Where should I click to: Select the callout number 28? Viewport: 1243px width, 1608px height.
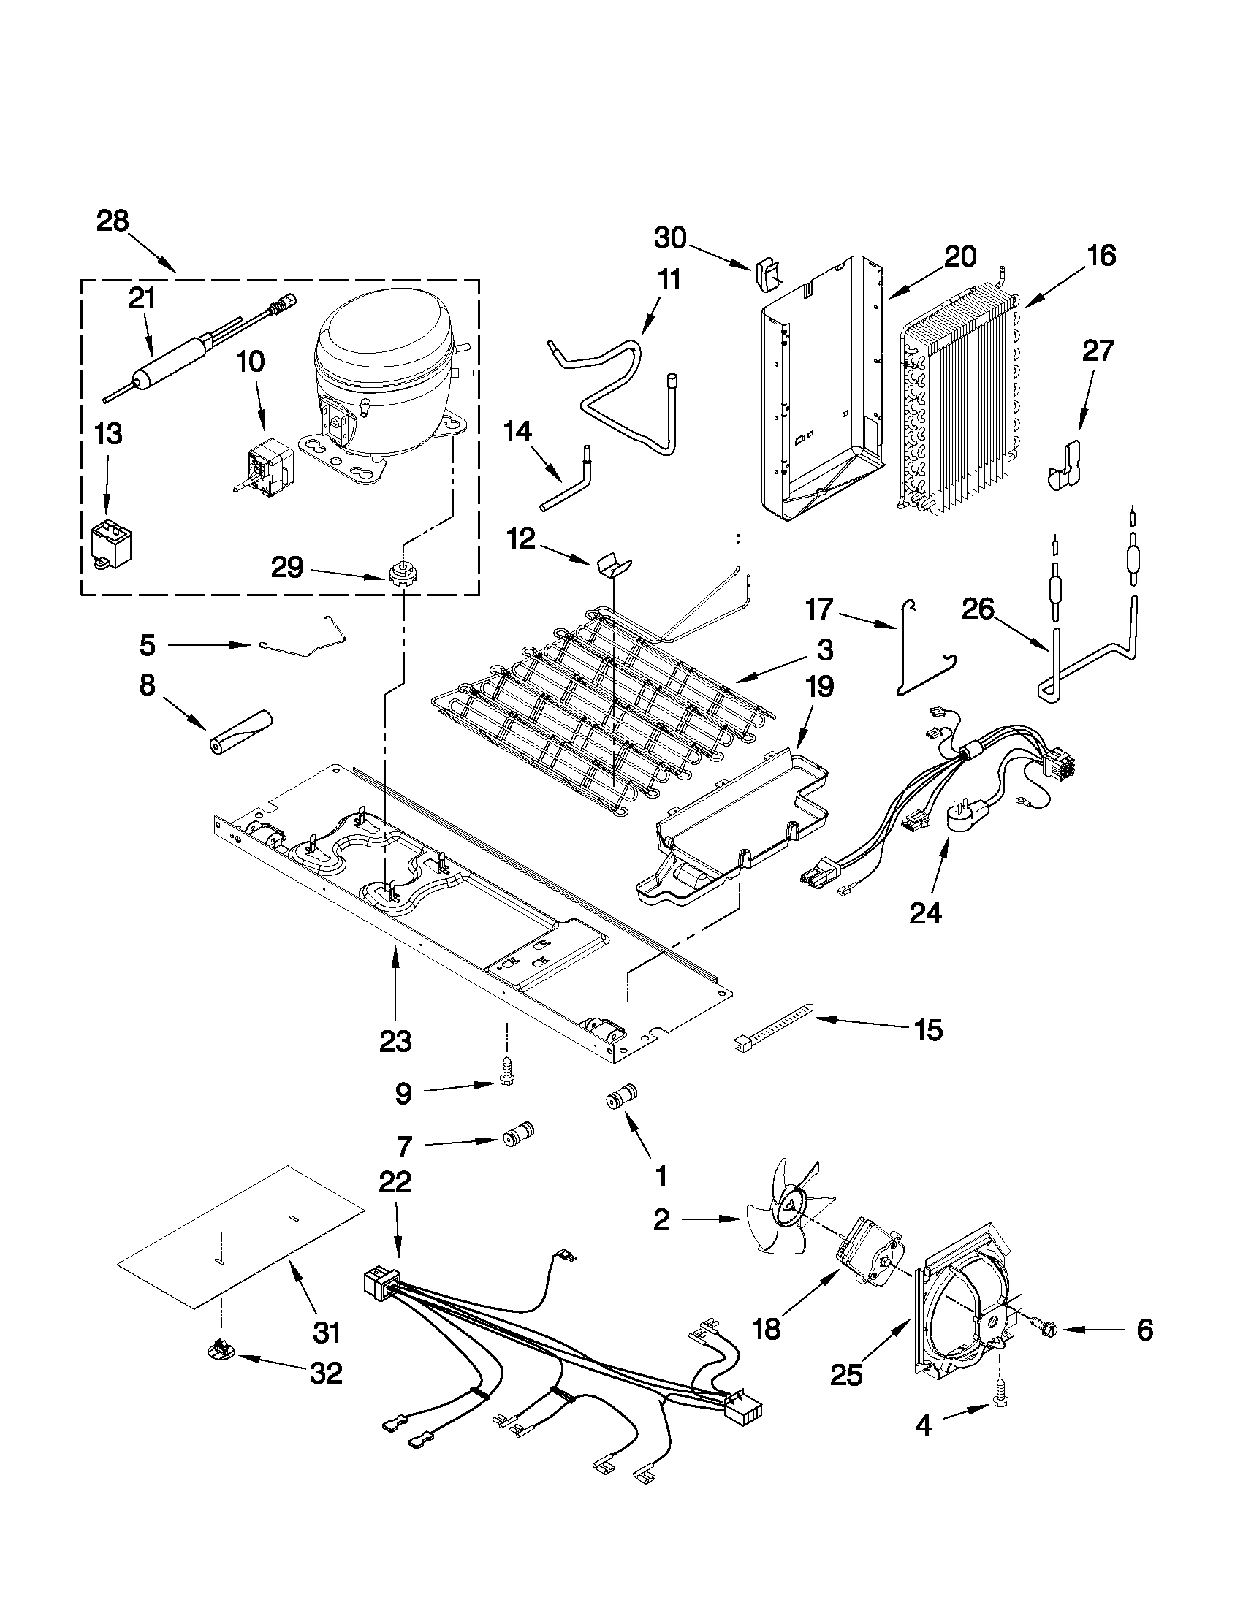pos(113,221)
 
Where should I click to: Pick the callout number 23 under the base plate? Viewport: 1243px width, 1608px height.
pos(395,1042)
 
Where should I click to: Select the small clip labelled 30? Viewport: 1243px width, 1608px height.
pos(767,275)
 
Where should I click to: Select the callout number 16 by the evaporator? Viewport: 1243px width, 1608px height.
pos(1102,256)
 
